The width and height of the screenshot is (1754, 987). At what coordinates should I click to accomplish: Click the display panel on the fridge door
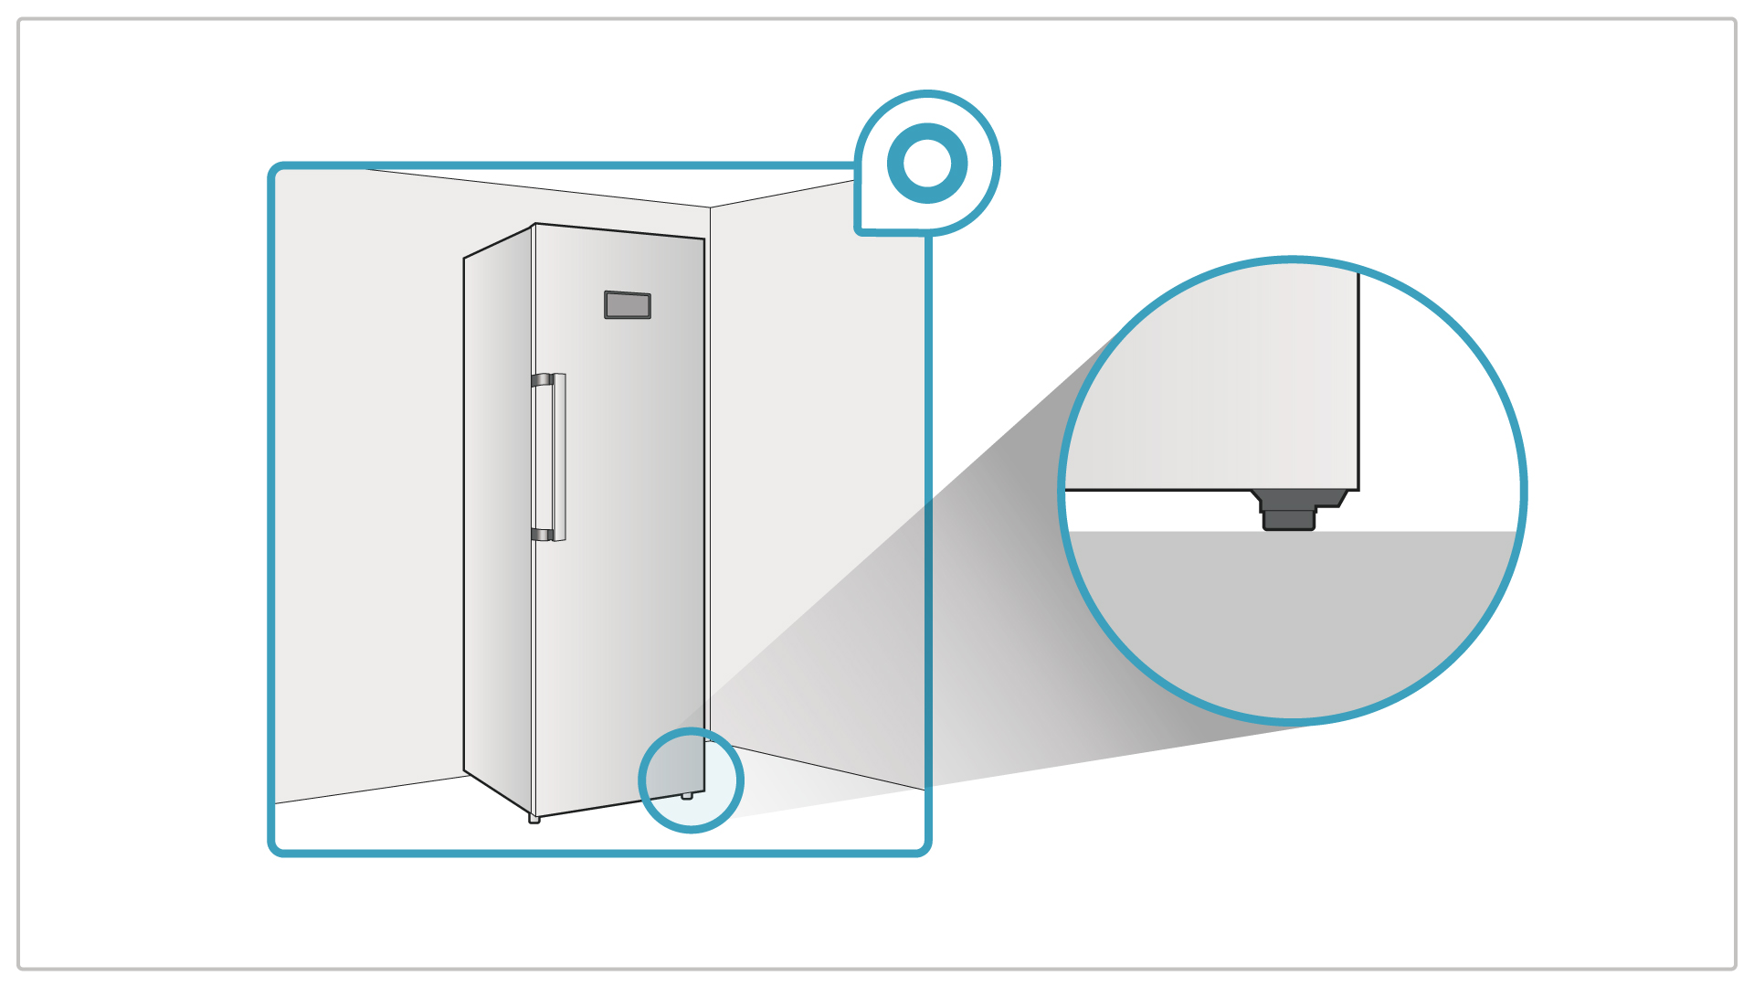coord(628,305)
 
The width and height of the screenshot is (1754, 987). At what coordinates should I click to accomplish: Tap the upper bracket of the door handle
coord(542,380)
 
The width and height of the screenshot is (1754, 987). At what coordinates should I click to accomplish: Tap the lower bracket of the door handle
coord(542,535)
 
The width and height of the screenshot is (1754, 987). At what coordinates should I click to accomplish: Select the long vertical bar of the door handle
coord(559,457)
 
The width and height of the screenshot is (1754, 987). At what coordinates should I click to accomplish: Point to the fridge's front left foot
coord(534,819)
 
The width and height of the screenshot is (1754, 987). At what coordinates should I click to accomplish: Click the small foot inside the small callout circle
coord(687,796)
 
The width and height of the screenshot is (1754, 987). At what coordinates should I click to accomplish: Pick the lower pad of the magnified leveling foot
coord(1289,520)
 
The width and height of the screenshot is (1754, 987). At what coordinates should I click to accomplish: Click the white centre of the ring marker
coord(927,164)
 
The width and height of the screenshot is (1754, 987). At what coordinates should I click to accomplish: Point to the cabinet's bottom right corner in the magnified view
coord(1358,489)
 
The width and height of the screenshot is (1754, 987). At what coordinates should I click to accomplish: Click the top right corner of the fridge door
coord(703,239)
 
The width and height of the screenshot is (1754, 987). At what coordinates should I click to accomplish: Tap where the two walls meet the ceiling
coord(711,207)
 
